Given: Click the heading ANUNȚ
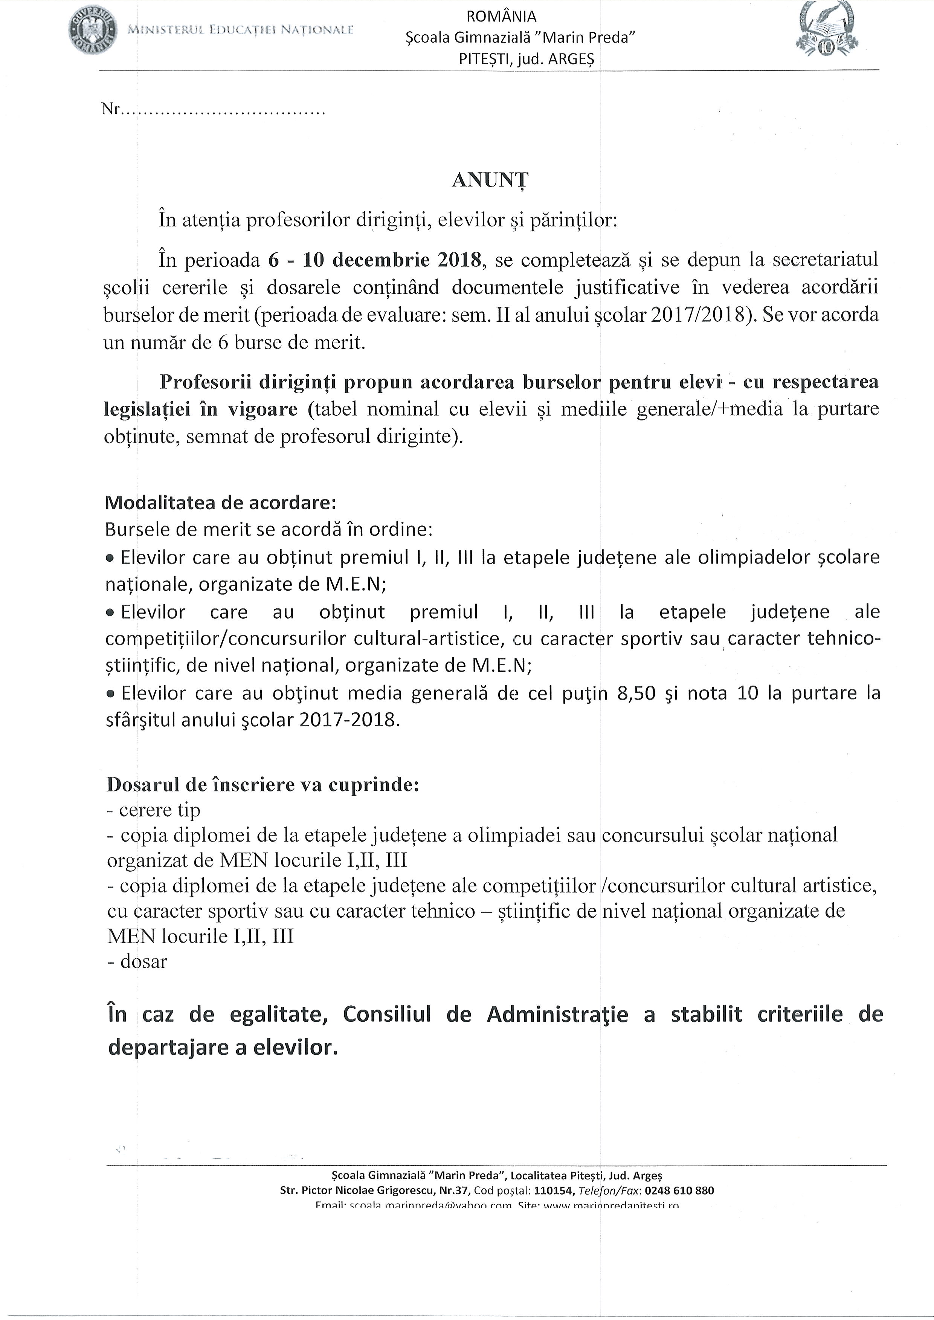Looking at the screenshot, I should pos(490,180).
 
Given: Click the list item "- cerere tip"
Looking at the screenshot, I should pos(154,810).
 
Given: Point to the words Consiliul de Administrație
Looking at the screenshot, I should pos(485,1014).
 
